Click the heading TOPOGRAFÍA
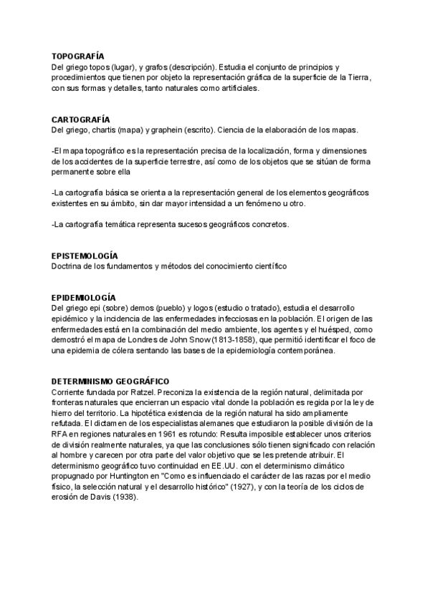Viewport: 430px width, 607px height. point(78,56)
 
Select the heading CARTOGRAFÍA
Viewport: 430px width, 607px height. point(80,119)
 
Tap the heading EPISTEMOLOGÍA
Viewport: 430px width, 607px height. point(85,256)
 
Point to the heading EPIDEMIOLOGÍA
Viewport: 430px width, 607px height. point(84,297)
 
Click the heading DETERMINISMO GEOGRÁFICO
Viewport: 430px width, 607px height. point(110,382)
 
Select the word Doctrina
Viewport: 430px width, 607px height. point(68,266)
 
